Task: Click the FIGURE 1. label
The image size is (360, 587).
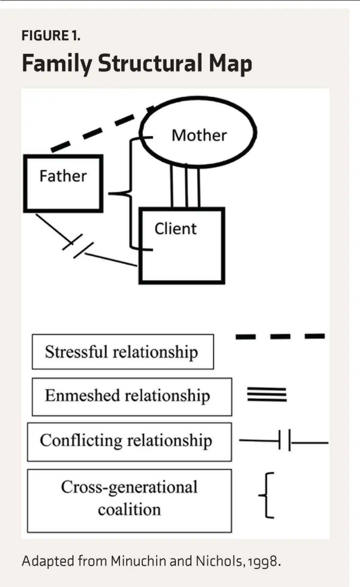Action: click(x=51, y=36)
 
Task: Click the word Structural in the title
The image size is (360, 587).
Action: click(x=150, y=64)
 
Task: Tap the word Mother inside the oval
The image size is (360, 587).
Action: click(x=199, y=135)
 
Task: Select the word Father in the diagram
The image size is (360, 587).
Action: click(x=63, y=176)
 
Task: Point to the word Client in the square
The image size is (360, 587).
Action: click(x=175, y=229)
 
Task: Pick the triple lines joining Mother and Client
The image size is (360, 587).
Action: click(x=185, y=186)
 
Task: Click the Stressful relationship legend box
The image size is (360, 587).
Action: click(x=123, y=352)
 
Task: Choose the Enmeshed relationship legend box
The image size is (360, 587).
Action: click(x=132, y=396)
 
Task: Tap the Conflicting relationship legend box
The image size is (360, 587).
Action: click(x=129, y=442)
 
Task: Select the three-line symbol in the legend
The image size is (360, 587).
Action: click(x=267, y=394)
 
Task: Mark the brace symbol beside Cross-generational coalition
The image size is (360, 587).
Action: click(x=267, y=495)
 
